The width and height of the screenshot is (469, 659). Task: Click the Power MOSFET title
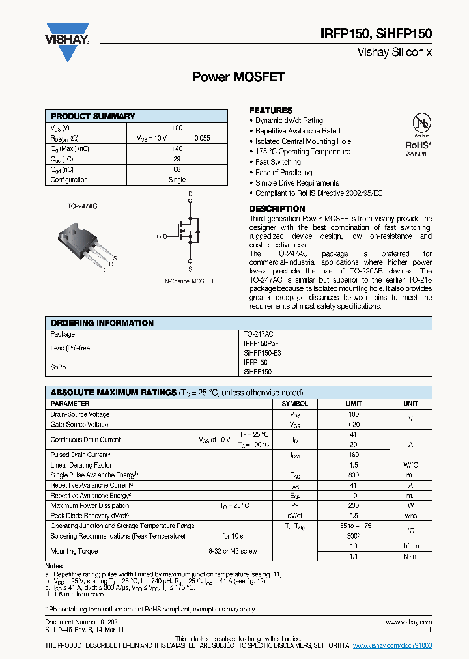[x=238, y=77]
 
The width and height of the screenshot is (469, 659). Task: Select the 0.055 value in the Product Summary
[x=203, y=138]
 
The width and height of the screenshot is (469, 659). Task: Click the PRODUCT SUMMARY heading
[x=92, y=116]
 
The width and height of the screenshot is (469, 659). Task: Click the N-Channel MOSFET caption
[x=190, y=281]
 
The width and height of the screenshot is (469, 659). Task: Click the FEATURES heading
[x=271, y=111]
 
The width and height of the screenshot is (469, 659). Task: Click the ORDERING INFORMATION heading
[x=102, y=323]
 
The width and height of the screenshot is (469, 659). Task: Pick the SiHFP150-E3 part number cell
[x=263, y=352]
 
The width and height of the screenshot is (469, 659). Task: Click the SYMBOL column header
[x=294, y=404]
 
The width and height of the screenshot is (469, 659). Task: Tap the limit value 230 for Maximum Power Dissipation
[x=354, y=505]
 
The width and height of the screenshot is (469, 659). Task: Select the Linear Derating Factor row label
[x=81, y=465]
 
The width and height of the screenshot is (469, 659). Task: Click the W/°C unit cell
[x=410, y=465]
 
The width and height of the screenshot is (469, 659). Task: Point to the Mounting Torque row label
[x=74, y=551]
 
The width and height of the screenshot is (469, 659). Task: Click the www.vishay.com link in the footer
[x=409, y=623]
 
